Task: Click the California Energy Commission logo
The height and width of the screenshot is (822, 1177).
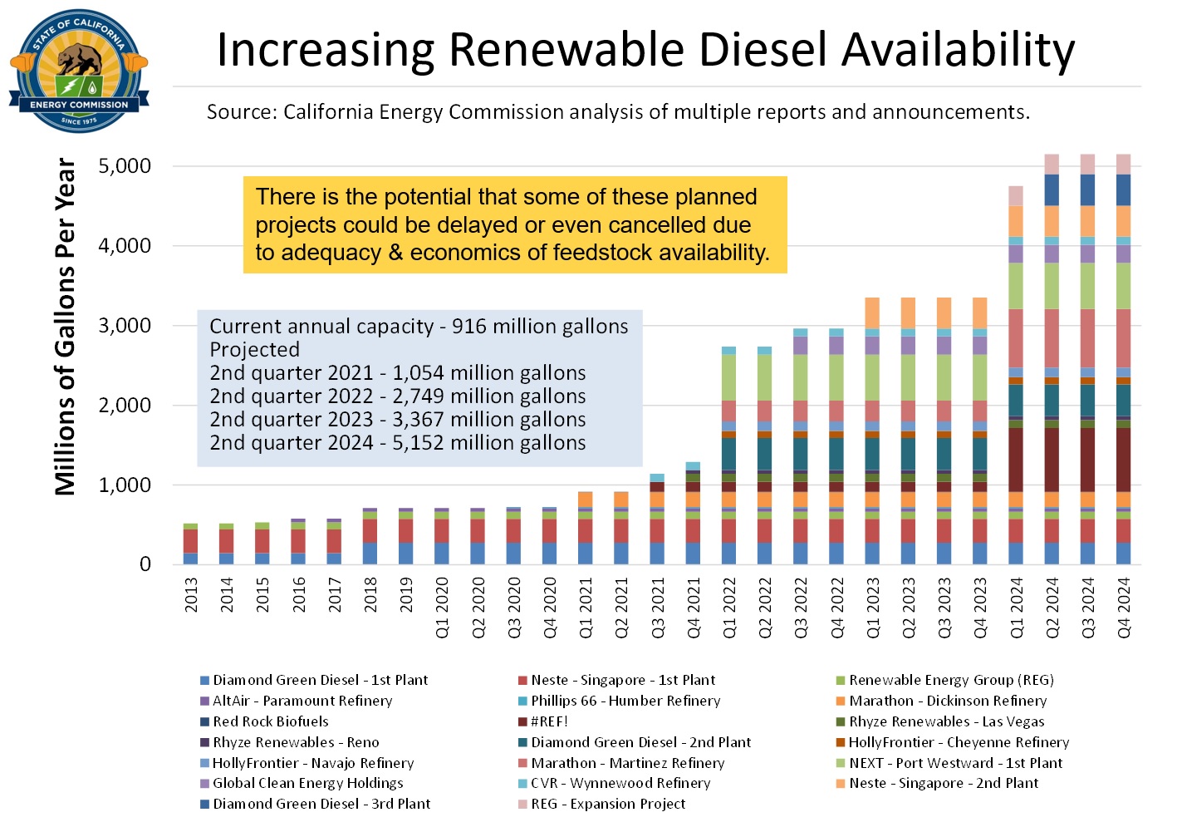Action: click(79, 71)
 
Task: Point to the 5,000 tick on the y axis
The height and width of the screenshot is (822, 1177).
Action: click(125, 166)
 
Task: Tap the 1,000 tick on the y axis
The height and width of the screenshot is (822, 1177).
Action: click(125, 485)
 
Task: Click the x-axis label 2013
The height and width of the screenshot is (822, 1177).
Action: click(191, 595)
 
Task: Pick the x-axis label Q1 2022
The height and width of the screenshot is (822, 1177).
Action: click(729, 608)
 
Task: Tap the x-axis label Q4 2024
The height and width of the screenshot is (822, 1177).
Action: click(1124, 608)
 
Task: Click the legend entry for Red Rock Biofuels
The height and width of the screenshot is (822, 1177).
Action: click(270, 721)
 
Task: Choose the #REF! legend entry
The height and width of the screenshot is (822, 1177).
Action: click(548, 721)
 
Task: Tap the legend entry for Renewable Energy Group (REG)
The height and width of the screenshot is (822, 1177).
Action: click(950, 680)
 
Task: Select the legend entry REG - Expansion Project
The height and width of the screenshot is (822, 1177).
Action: click(607, 804)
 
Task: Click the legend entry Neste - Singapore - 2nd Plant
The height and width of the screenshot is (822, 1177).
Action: click(943, 783)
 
